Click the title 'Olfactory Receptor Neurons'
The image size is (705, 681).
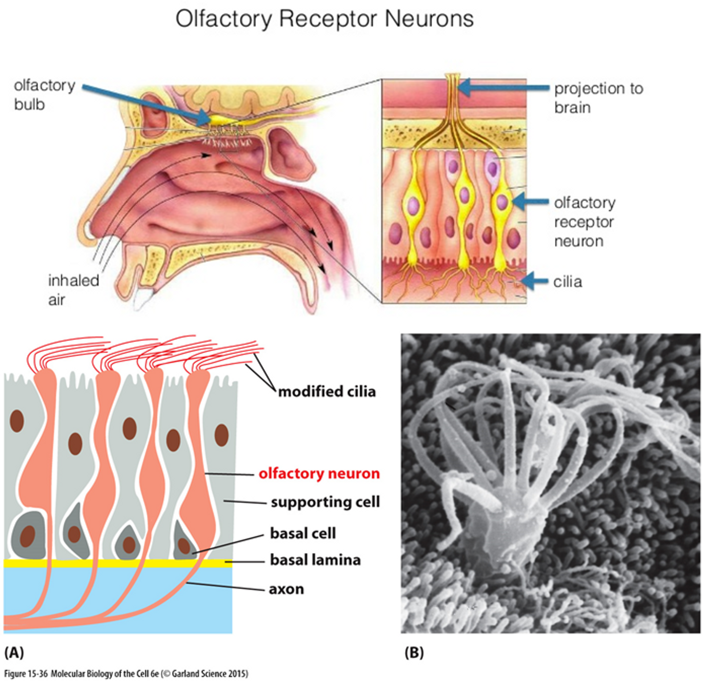[x=324, y=19]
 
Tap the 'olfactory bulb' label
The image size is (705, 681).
[x=44, y=95]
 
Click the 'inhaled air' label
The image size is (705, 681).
[x=73, y=290]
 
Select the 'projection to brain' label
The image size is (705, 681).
[x=598, y=98]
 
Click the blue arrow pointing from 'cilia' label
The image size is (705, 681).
[x=534, y=281]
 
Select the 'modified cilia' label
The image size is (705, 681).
[x=327, y=391]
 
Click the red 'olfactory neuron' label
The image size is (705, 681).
[x=319, y=473]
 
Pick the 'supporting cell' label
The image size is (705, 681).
[x=325, y=502]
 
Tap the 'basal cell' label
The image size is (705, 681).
[x=303, y=533]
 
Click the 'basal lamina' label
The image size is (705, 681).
[x=315, y=560]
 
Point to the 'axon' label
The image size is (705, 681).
[x=286, y=589]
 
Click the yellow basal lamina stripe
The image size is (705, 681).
[x=116, y=563]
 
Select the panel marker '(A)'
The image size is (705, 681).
[x=14, y=653]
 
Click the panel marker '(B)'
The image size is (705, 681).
[x=414, y=653]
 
